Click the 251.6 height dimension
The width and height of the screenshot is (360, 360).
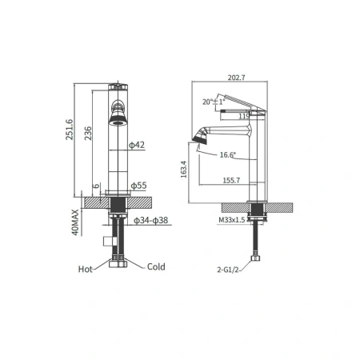click(x=70, y=130)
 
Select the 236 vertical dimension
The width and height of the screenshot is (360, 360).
click(x=88, y=133)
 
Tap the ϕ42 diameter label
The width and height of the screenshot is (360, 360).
click(x=137, y=145)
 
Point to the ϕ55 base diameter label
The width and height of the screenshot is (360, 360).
click(x=138, y=186)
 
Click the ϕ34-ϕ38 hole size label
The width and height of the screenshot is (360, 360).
click(x=151, y=220)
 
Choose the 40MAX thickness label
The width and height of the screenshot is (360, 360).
click(x=75, y=222)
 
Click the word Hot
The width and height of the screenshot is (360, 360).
click(x=86, y=269)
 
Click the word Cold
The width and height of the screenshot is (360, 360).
click(x=156, y=266)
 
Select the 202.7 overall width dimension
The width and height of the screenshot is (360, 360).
click(x=236, y=78)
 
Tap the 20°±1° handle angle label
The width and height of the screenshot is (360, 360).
click(x=214, y=102)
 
